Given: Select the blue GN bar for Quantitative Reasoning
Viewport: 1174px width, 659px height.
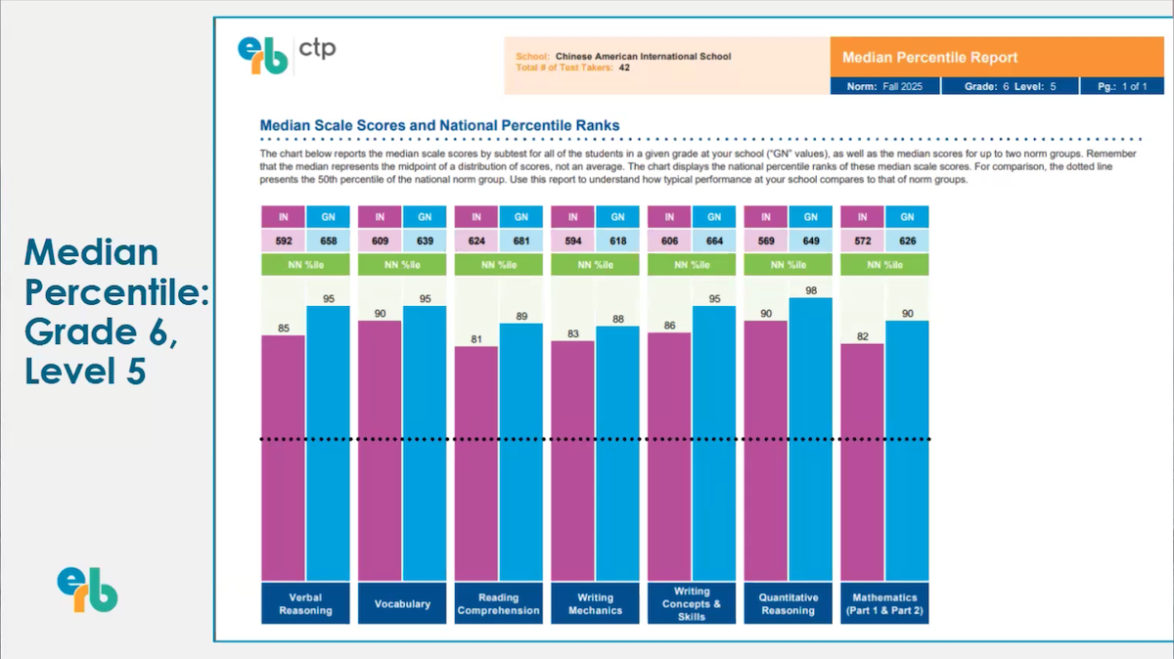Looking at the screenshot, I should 811,439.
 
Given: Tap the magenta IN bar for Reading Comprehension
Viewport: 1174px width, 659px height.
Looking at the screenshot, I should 475,463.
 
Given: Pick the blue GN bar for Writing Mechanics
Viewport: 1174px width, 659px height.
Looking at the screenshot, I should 617,454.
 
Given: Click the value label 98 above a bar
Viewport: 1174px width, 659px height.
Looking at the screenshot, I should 811,290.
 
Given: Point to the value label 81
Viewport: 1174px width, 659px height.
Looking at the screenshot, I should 475,338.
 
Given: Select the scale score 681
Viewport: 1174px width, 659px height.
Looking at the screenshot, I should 521,241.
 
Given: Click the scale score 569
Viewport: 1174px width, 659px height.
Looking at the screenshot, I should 766,241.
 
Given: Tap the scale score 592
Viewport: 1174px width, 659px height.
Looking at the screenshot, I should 283,241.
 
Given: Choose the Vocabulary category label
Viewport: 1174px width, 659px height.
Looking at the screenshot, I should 402,603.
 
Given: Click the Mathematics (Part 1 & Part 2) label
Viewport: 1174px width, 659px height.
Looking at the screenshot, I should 884,603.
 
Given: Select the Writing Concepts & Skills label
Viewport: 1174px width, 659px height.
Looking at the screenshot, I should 692,603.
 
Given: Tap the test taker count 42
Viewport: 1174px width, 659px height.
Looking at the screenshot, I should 623,68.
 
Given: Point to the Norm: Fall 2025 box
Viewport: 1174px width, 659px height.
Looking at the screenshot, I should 884,87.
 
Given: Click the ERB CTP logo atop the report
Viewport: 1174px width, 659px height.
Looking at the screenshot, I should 286,54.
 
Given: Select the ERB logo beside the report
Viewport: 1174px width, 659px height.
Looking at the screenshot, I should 87,590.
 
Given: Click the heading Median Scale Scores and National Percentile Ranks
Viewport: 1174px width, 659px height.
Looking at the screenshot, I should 439,125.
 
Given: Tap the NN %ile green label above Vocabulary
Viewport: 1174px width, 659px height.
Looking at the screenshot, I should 402,265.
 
